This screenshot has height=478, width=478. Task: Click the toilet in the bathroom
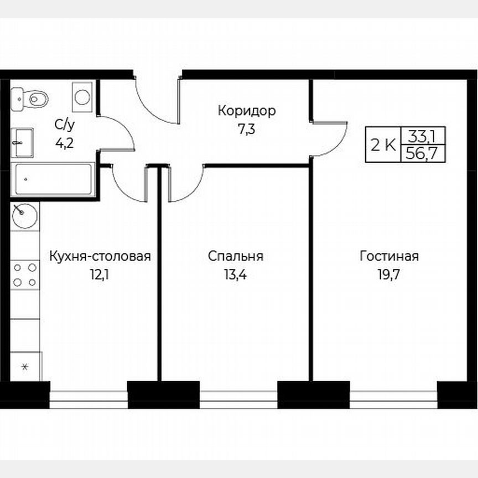click(32, 99)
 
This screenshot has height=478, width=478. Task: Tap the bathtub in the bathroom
click(53, 179)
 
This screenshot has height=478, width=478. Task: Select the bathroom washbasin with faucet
click(22, 142)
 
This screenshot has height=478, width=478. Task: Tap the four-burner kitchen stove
click(25, 275)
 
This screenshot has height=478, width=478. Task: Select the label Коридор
click(246, 111)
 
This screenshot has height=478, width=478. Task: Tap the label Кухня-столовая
click(100, 257)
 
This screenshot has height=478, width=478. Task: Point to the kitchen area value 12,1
click(100, 274)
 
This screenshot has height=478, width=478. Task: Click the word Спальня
click(236, 257)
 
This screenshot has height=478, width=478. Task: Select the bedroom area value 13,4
click(236, 274)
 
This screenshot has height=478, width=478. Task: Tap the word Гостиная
click(389, 257)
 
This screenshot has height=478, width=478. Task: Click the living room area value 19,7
click(389, 274)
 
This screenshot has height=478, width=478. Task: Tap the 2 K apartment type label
click(383, 145)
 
